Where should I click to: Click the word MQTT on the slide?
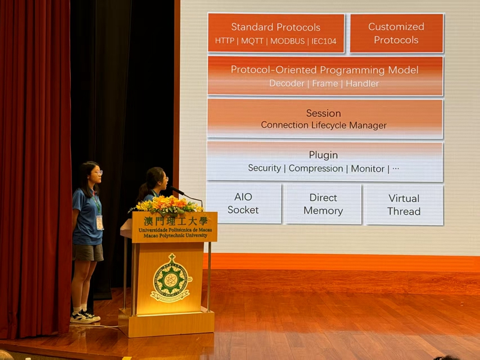pos(252,41)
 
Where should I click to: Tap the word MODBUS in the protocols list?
pos(287,41)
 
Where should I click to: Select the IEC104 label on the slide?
pos(324,41)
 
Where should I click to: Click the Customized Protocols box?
pos(397,33)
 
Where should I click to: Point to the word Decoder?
pos(287,83)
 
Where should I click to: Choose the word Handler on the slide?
pos(362,83)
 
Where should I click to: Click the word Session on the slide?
pos(323,113)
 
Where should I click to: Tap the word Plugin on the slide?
pos(323,155)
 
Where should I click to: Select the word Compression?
pos(316,169)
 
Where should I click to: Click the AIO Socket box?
pos(244,203)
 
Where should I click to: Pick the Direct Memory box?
pos(323,204)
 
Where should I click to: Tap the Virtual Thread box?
pos(404,205)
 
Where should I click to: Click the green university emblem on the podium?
pos(170,278)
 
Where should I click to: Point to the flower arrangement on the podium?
pos(167,205)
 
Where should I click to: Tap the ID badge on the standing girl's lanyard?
pos(100,222)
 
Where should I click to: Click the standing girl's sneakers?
pos(85,317)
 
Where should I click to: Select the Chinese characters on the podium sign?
pos(175,221)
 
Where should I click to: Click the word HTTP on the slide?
pos(224,41)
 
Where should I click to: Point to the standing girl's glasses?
pos(98,173)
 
